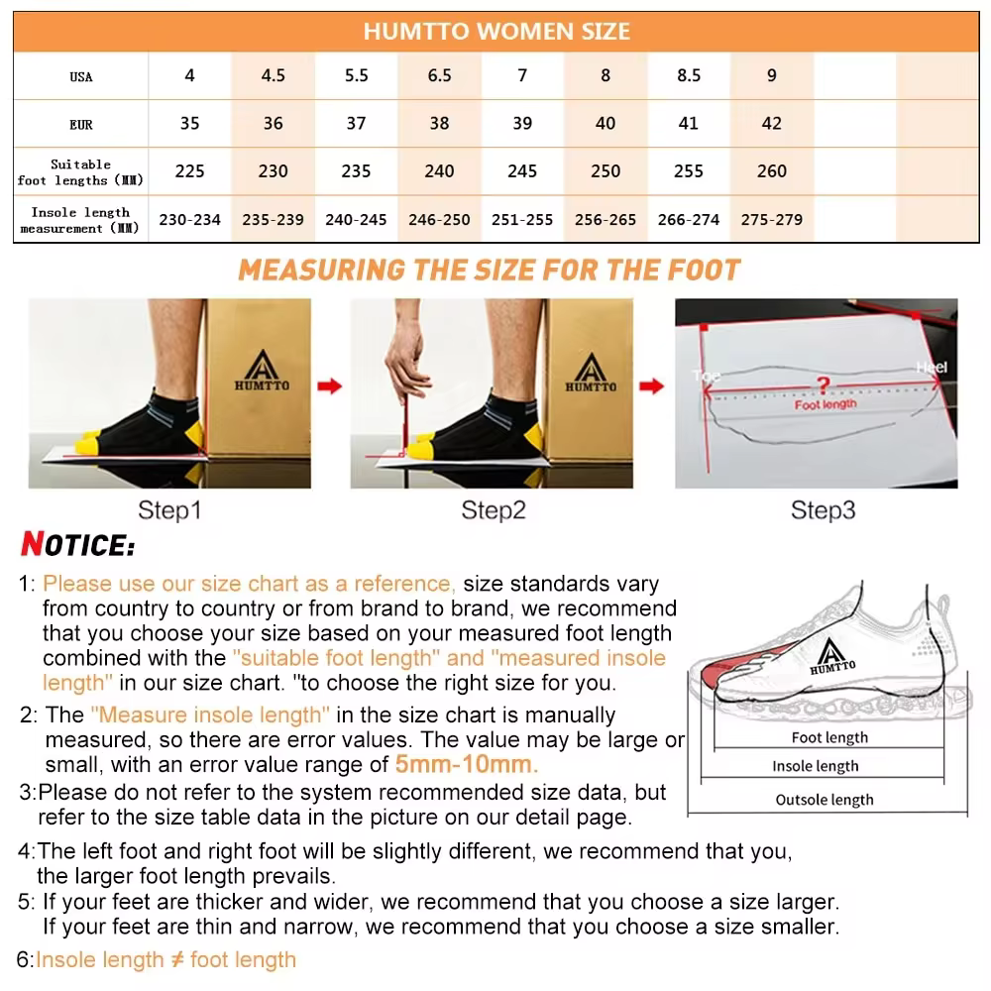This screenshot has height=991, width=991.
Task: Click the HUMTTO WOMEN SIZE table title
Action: (495, 31)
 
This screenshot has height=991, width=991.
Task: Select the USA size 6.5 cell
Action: (439, 76)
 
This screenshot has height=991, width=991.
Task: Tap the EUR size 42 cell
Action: (771, 124)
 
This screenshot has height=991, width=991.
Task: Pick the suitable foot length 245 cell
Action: (522, 171)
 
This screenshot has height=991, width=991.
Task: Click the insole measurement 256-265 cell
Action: (605, 220)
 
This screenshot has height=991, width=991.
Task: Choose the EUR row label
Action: (81, 125)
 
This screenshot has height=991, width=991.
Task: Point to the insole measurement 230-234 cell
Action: (189, 220)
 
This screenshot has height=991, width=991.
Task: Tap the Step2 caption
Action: (493, 510)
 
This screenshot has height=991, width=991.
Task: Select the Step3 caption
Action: (823, 510)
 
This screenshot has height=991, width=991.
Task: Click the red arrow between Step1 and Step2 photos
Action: (330, 385)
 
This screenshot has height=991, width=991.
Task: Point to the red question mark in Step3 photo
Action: (822, 385)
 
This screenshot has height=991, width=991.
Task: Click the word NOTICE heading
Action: (77, 545)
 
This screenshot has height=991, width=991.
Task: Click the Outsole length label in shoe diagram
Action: (825, 800)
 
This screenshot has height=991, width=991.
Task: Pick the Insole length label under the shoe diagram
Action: (816, 766)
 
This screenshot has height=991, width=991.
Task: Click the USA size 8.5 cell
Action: (688, 76)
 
